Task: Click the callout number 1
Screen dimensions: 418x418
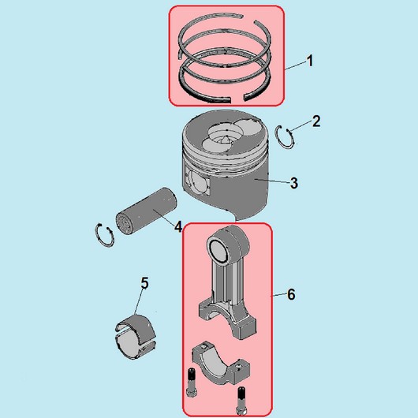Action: coord(310,61)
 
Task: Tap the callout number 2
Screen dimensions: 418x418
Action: coord(316,121)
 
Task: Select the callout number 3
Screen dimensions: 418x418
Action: coord(293,183)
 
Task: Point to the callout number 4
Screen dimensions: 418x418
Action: coord(178,226)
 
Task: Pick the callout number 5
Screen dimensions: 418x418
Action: coord(144,283)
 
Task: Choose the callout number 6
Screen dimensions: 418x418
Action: coord(291,295)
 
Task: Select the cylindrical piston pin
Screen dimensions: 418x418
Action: coord(146,211)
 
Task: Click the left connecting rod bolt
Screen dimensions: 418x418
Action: coord(191,383)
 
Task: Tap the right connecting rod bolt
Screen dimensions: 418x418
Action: coord(241,401)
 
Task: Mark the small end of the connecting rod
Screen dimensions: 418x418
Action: coord(228,244)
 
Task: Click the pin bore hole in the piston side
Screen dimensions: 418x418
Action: coord(197,183)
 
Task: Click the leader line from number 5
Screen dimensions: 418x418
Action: coord(139,302)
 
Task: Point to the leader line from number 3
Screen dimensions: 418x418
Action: coord(272,181)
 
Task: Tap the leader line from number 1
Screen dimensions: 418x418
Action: coord(295,65)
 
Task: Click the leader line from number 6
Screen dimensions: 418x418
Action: coord(279,295)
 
